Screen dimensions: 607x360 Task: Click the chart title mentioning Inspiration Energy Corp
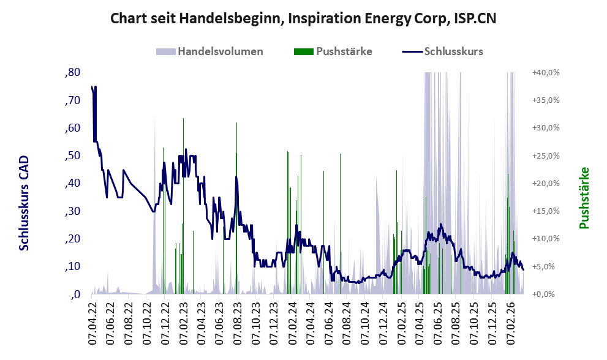click(x=303, y=18)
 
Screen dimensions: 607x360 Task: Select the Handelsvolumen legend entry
click(x=209, y=51)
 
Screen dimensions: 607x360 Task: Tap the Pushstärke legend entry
click(x=333, y=51)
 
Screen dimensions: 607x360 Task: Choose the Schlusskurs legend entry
click(x=442, y=51)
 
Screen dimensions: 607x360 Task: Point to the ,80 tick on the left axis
click(x=73, y=72)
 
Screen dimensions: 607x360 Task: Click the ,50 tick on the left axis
click(x=73, y=156)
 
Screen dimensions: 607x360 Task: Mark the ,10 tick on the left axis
click(x=73, y=266)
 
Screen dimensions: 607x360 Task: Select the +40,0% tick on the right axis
click(x=546, y=72)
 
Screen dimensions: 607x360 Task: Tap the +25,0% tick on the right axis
click(x=546, y=156)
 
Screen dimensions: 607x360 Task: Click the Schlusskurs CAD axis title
click(x=24, y=203)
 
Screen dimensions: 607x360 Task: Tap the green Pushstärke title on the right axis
click(x=584, y=198)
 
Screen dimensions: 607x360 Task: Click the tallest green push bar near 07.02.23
click(x=183, y=206)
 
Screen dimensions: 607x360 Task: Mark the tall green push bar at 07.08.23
click(x=236, y=208)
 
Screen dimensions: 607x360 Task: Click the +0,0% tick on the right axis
click(x=546, y=294)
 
